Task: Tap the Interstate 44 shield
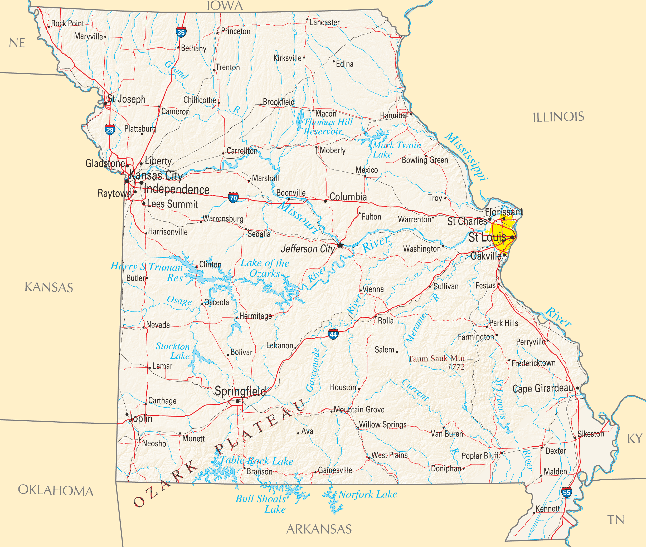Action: [333, 334]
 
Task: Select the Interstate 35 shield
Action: [181, 32]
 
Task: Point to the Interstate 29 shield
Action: [110, 130]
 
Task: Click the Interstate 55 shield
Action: [566, 492]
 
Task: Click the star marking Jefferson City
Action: [340, 245]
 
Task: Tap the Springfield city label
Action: [240, 391]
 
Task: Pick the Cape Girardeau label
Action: [543, 388]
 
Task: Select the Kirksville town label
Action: [287, 58]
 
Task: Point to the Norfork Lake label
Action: [367, 495]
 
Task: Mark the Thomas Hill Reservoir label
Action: [328, 127]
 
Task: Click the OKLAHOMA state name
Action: [56, 490]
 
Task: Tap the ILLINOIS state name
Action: [558, 117]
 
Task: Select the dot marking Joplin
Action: [127, 414]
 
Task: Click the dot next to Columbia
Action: [325, 201]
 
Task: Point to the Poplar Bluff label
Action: [480, 456]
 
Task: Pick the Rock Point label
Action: [67, 23]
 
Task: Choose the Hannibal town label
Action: [394, 116]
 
